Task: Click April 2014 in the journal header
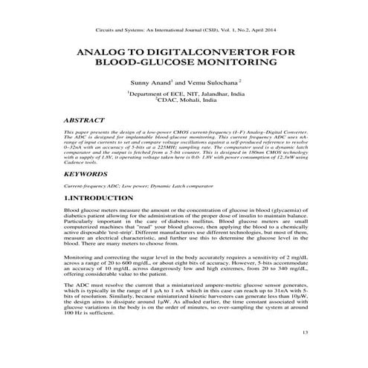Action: (269, 29)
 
